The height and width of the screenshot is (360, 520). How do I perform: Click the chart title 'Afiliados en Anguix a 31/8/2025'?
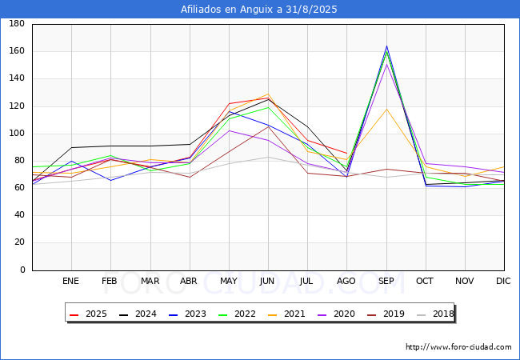(x=259, y=9)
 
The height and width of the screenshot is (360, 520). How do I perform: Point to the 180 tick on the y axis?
(x=16, y=24)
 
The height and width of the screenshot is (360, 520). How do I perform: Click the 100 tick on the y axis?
(x=16, y=134)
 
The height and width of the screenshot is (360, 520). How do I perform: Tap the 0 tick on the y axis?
(x=22, y=270)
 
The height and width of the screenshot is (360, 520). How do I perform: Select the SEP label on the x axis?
(x=386, y=282)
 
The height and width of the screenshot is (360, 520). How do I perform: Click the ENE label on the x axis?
(x=71, y=282)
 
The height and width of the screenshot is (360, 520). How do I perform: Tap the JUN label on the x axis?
(x=268, y=282)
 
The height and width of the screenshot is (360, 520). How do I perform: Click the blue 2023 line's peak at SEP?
(x=386, y=46)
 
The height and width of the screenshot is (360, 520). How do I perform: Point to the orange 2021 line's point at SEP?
(x=386, y=110)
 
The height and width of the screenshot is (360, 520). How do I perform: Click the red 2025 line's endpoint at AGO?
(x=347, y=153)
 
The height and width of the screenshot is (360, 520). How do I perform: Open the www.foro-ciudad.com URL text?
(x=458, y=347)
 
